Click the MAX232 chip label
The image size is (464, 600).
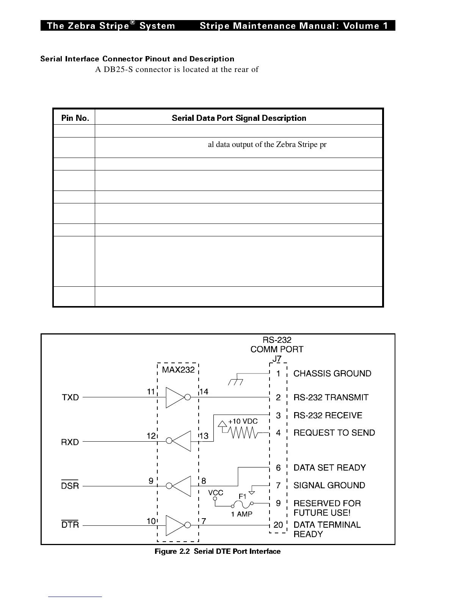pos(178,370)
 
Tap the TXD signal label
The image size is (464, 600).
pos(71,397)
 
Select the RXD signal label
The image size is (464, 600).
pos(70,442)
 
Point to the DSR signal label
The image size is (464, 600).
pos(70,486)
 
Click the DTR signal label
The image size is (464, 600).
pos(70,525)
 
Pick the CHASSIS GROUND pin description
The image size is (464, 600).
pos(332,373)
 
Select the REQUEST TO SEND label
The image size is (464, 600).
pos(334,433)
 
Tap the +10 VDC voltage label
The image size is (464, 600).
pos(243,422)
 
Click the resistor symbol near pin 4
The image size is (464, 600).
pos(244,433)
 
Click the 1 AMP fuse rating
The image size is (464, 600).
pos(241,514)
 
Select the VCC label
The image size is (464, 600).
pos(216,493)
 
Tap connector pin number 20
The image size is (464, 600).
pos(278,525)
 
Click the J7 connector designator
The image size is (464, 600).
pos(277,358)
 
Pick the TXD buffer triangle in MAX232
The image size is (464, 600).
pos(175,397)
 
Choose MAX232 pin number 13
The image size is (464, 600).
pos(204,436)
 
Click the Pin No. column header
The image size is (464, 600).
pos(75,118)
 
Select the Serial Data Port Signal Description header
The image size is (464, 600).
pos(239,118)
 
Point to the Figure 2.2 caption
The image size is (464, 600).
pos(218,552)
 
